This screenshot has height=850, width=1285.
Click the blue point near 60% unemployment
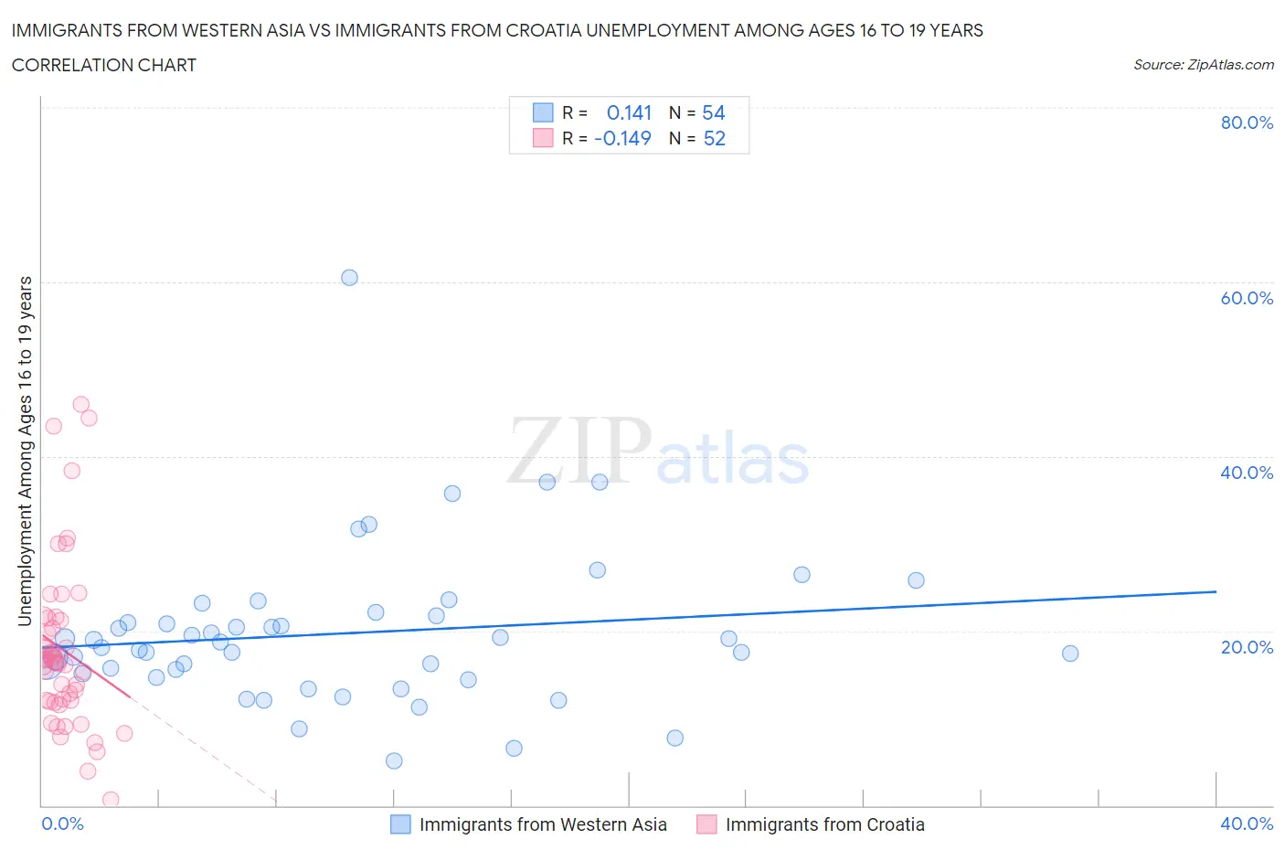349,278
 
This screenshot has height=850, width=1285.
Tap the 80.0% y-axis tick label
1246,122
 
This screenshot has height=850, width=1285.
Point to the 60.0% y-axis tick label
1246,298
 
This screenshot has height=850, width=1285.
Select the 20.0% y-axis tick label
1246,647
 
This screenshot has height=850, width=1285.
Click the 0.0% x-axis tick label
62,823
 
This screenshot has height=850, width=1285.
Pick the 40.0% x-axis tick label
1246,823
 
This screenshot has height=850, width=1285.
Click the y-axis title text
25,452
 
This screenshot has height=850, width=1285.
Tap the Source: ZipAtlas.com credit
1203,65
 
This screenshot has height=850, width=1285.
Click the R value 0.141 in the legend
629,112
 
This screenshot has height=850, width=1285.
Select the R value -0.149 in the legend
622,138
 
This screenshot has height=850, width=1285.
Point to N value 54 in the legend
713,112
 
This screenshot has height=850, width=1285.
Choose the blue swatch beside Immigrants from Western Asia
400,824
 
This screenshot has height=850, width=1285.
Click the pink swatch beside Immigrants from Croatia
706,824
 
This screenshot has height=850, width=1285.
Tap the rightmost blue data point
1070,653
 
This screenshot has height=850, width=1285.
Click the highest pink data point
80,405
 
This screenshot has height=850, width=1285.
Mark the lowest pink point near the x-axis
111,800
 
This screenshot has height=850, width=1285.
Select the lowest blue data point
394,760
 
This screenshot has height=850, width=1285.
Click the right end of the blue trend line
1216,591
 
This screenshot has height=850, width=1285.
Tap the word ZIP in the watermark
579,451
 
